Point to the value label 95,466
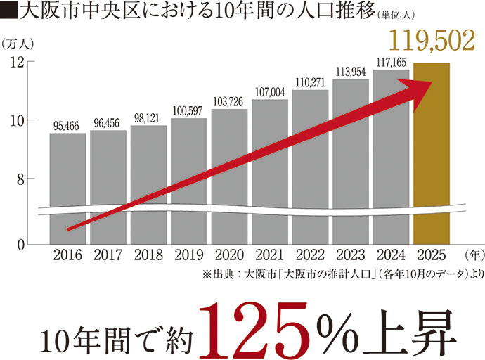click(67, 126)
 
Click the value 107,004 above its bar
click(270, 91)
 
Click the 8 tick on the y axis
click(20, 179)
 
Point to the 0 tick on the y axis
click(20, 244)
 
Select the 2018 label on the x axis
click(148, 255)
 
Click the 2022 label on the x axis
click(310, 255)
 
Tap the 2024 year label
click(391, 255)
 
